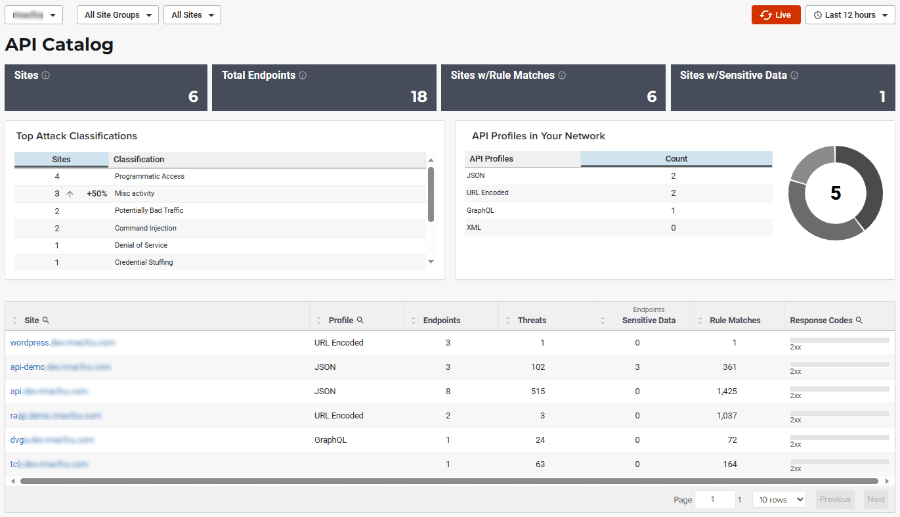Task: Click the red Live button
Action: pyautogui.click(x=776, y=15)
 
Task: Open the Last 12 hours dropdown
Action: pyautogui.click(x=850, y=15)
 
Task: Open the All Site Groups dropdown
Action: pyautogui.click(x=118, y=15)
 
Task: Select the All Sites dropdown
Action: pyautogui.click(x=192, y=15)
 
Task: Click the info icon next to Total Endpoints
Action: pyautogui.click(x=303, y=76)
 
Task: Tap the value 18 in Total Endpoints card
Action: pyautogui.click(x=419, y=97)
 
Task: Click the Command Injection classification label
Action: pyautogui.click(x=146, y=228)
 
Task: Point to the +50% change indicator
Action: pyautogui.click(x=96, y=194)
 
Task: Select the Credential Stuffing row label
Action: pyautogui.click(x=144, y=262)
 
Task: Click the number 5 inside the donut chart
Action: pyautogui.click(x=835, y=192)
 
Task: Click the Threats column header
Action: pyautogui.click(x=532, y=321)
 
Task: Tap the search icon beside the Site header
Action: pyautogui.click(x=46, y=320)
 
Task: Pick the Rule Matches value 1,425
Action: pyautogui.click(x=727, y=392)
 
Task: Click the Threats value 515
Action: pyautogui.click(x=538, y=392)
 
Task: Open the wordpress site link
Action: pyautogui.click(x=62, y=343)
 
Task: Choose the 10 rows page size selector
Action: pyautogui.click(x=779, y=500)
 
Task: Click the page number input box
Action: pyautogui.click(x=714, y=500)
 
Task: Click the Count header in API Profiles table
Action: pyautogui.click(x=676, y=159)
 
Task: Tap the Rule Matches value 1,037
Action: pyautogui.click(x=727, y=416)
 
